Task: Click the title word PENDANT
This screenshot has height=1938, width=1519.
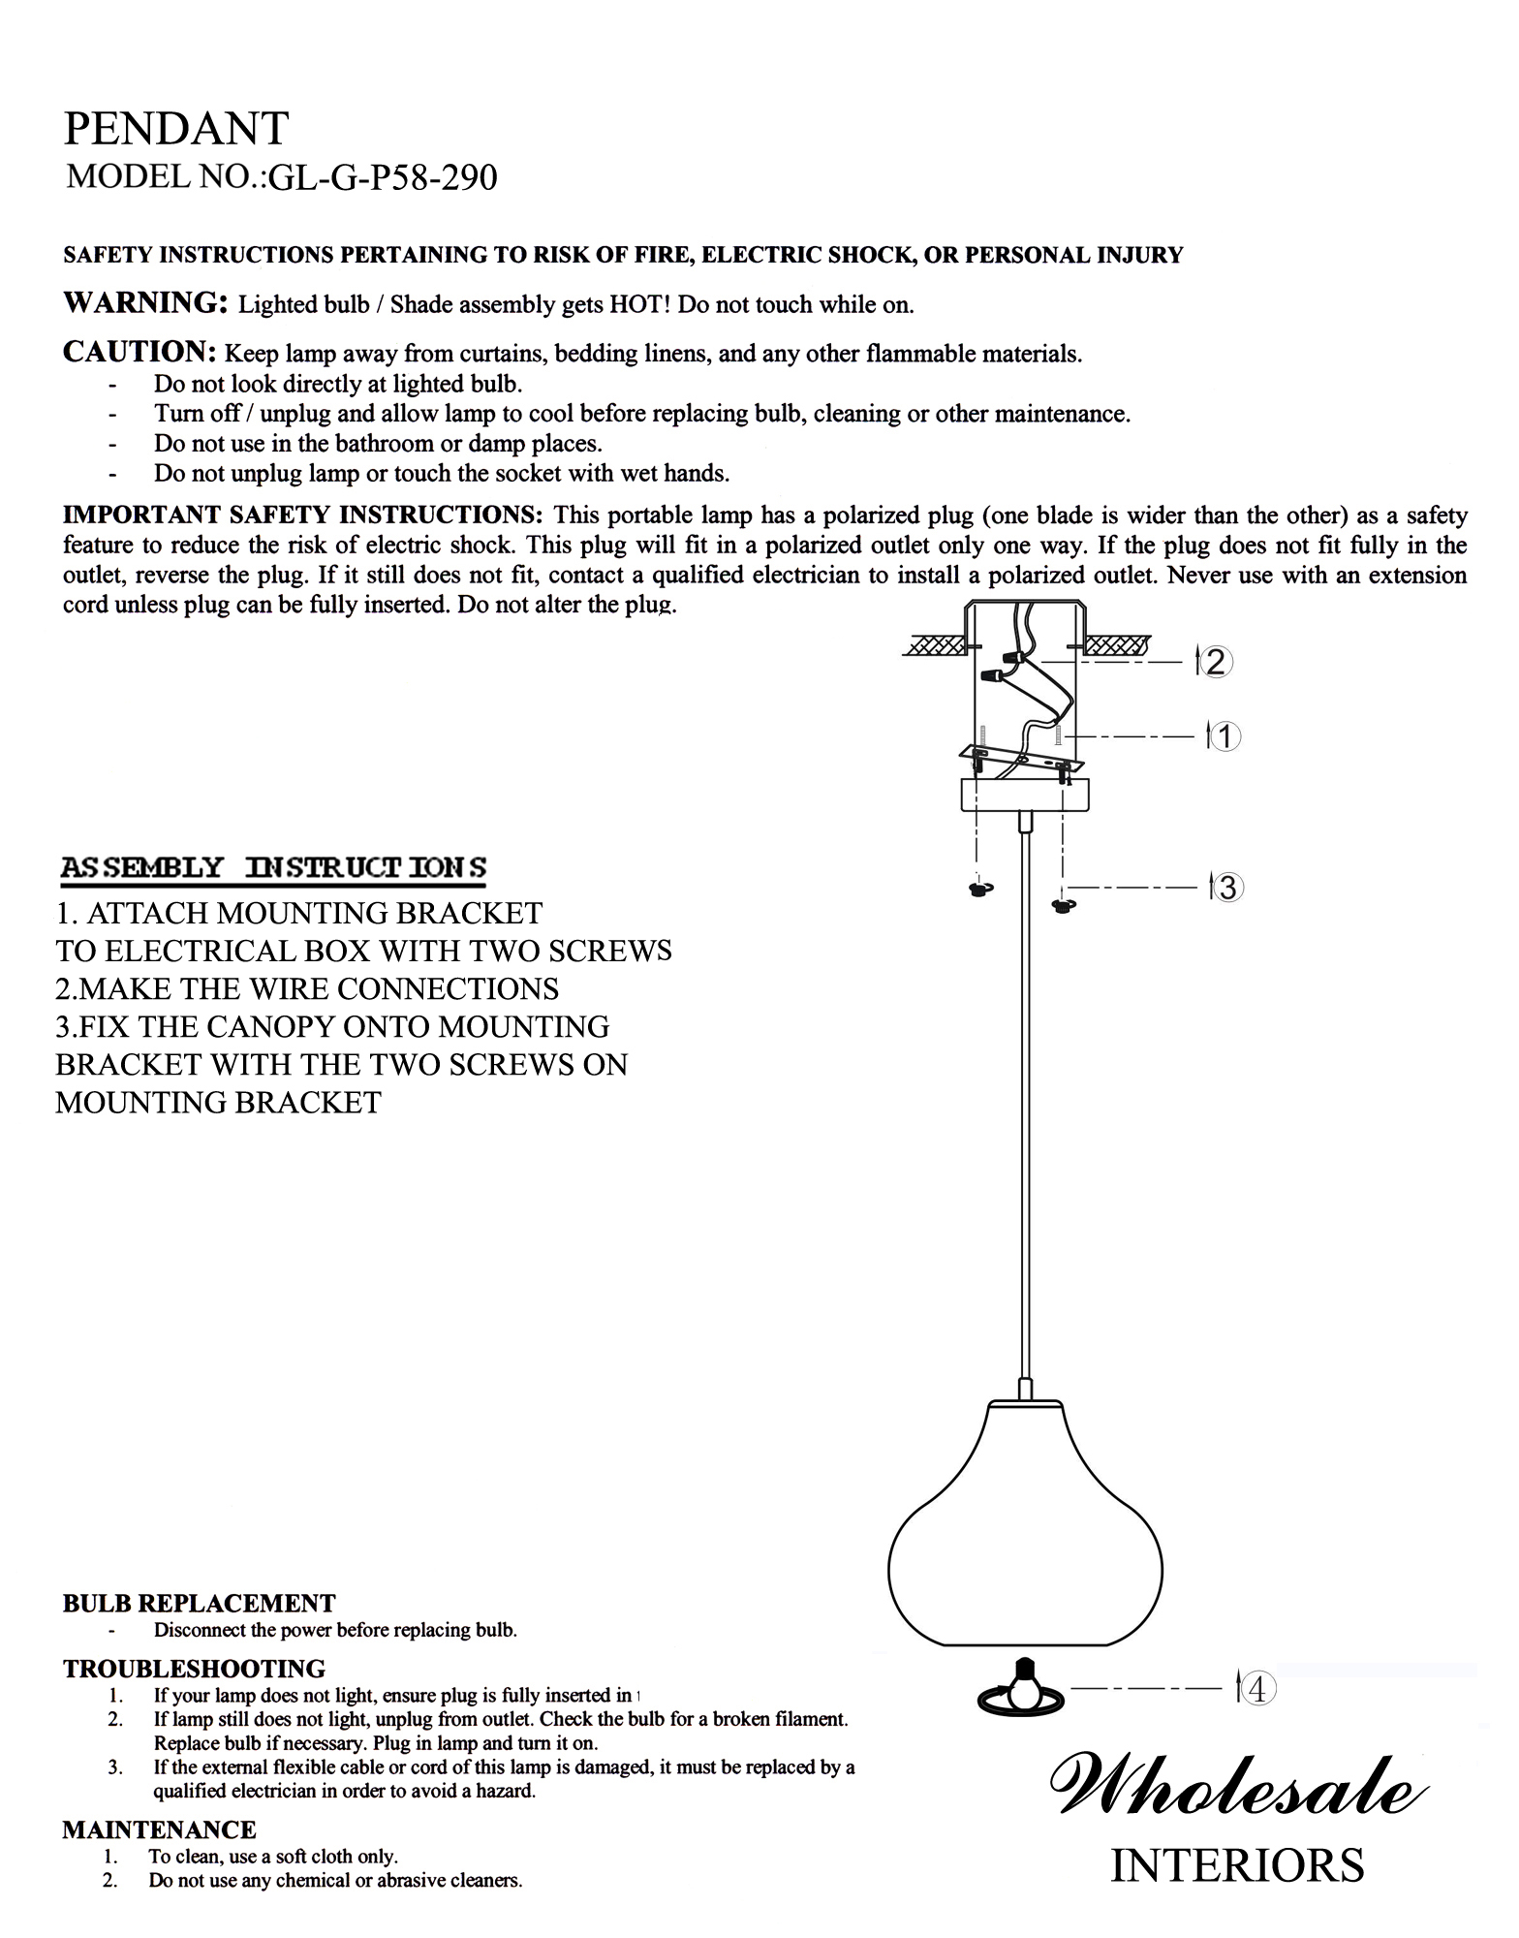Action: tap(175, 128)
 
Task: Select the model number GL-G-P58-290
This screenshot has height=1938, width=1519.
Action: tap(383, 178)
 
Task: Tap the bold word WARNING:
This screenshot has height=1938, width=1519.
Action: tap(145, 303)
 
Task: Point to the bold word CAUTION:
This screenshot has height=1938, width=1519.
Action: tap(139, 352)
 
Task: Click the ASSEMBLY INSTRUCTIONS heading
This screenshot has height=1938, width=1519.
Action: tap(273, 867)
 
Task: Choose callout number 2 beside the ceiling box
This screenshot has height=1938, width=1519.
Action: tap(1216, 663)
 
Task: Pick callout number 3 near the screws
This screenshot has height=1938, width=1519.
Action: tap(1227, 887)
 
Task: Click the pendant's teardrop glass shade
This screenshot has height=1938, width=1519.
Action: tap(1025, 1528)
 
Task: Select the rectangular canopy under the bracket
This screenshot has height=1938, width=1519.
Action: tap(1025, 795)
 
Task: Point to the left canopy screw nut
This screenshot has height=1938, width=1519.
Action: tap(980, 889)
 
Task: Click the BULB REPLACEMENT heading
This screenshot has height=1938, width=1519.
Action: tap(200, 1603)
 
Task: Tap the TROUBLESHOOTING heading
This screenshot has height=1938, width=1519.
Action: tap(195, 1669)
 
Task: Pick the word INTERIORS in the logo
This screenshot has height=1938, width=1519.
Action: tap(1237, 1865)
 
